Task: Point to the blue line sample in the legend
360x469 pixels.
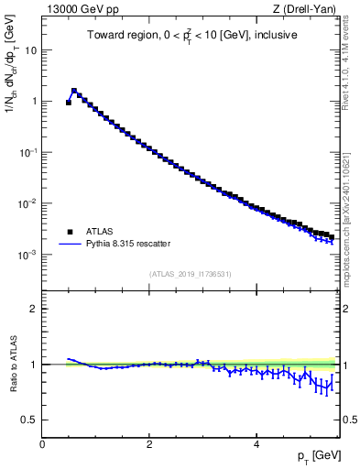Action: click(x=70, y=245)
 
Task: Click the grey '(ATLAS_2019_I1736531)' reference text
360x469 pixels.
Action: click(x=190, y=274)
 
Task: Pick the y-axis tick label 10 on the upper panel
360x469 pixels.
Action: click(x=31, y=50)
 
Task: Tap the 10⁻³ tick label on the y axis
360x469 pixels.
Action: click(x=29, y=254)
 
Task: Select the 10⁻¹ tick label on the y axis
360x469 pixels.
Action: click(x=29, y=152)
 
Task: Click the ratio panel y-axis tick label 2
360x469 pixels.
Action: click(x=34, y=310)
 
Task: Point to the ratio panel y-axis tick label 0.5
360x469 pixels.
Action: click(x=30, y=420)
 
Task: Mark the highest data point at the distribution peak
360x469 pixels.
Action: click(x=74, y=91)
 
